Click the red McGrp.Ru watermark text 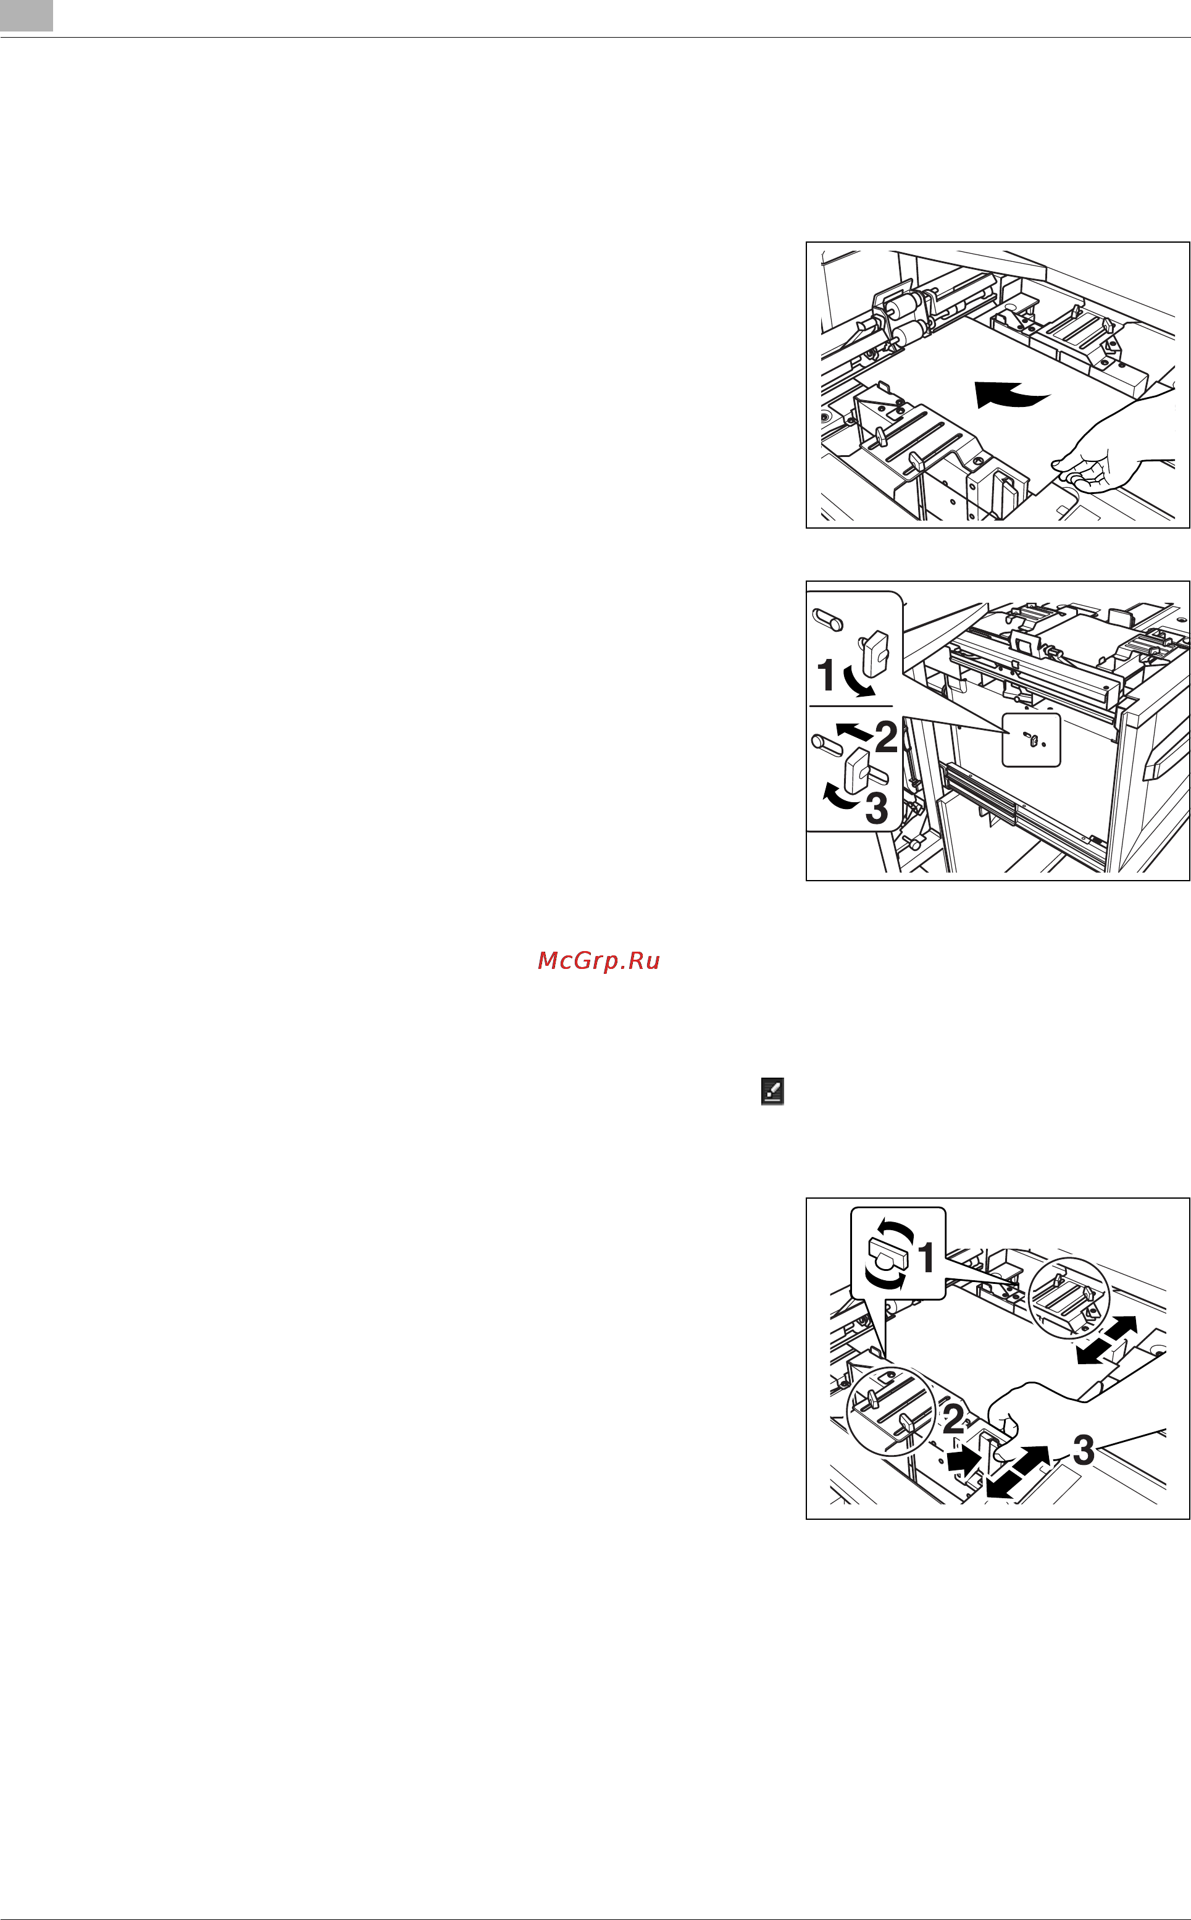599,960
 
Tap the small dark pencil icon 772,1091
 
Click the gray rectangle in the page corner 26,15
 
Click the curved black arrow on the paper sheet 1011,394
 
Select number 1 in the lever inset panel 825,675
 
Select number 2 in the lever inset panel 886,737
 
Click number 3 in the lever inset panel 877,808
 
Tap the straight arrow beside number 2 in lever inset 854,731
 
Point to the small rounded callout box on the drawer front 1031,740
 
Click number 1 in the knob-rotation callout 927,1257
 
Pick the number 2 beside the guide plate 954,1418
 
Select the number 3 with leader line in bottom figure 1084,1449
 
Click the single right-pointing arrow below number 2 963,1459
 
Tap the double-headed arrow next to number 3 1017,1471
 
